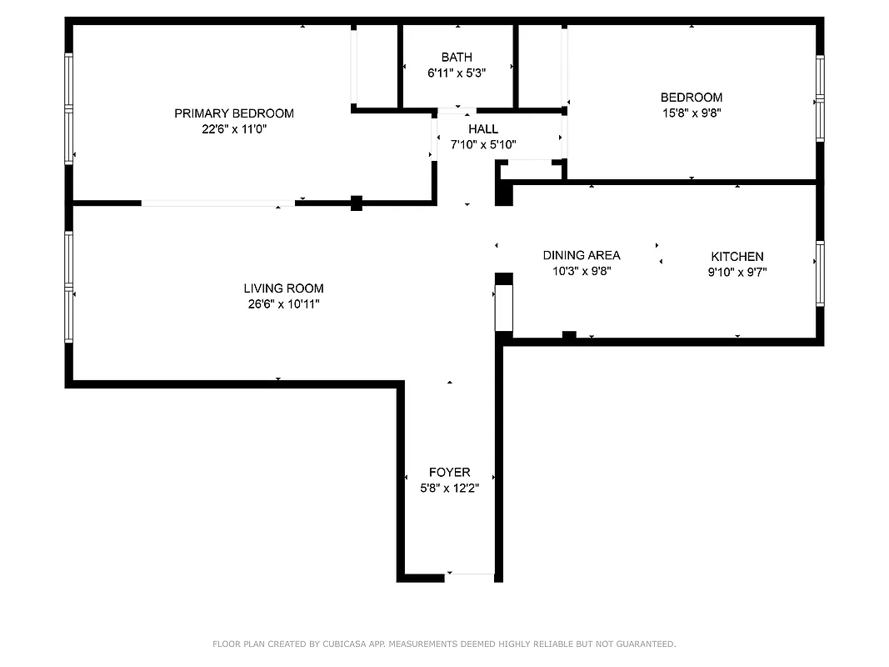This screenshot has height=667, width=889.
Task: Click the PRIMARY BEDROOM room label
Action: pos(233,113)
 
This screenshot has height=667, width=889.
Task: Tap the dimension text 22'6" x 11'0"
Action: pos(233,129)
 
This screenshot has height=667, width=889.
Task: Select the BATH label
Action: pos(457,58)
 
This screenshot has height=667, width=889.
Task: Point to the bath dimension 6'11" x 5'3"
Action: pos(457,73)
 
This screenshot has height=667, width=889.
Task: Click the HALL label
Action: pos(483,129)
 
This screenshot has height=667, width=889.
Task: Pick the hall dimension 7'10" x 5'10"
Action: pos(483,144)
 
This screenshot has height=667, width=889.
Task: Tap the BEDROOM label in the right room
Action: pos(692,98)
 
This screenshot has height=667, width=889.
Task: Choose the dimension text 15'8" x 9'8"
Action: pos(692,113)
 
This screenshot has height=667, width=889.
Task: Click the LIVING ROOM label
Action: pos(283,288)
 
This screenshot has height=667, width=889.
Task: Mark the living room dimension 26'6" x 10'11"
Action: pos(283,304)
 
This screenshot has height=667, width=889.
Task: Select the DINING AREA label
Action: pos(582,255)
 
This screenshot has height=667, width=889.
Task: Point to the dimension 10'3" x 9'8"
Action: pos(582,271)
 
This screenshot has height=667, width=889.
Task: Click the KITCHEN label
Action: pos(737,257)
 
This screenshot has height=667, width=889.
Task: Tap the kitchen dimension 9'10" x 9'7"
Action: pos(737,272)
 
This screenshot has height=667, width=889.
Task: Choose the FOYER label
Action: pos(450,473)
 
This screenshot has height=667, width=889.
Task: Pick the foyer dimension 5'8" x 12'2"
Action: pos(450,488)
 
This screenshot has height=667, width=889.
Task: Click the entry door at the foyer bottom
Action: pos(470,574)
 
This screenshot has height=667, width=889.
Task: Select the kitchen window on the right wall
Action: pos(820,273)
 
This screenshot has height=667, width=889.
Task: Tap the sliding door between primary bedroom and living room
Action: pos(217,203)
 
